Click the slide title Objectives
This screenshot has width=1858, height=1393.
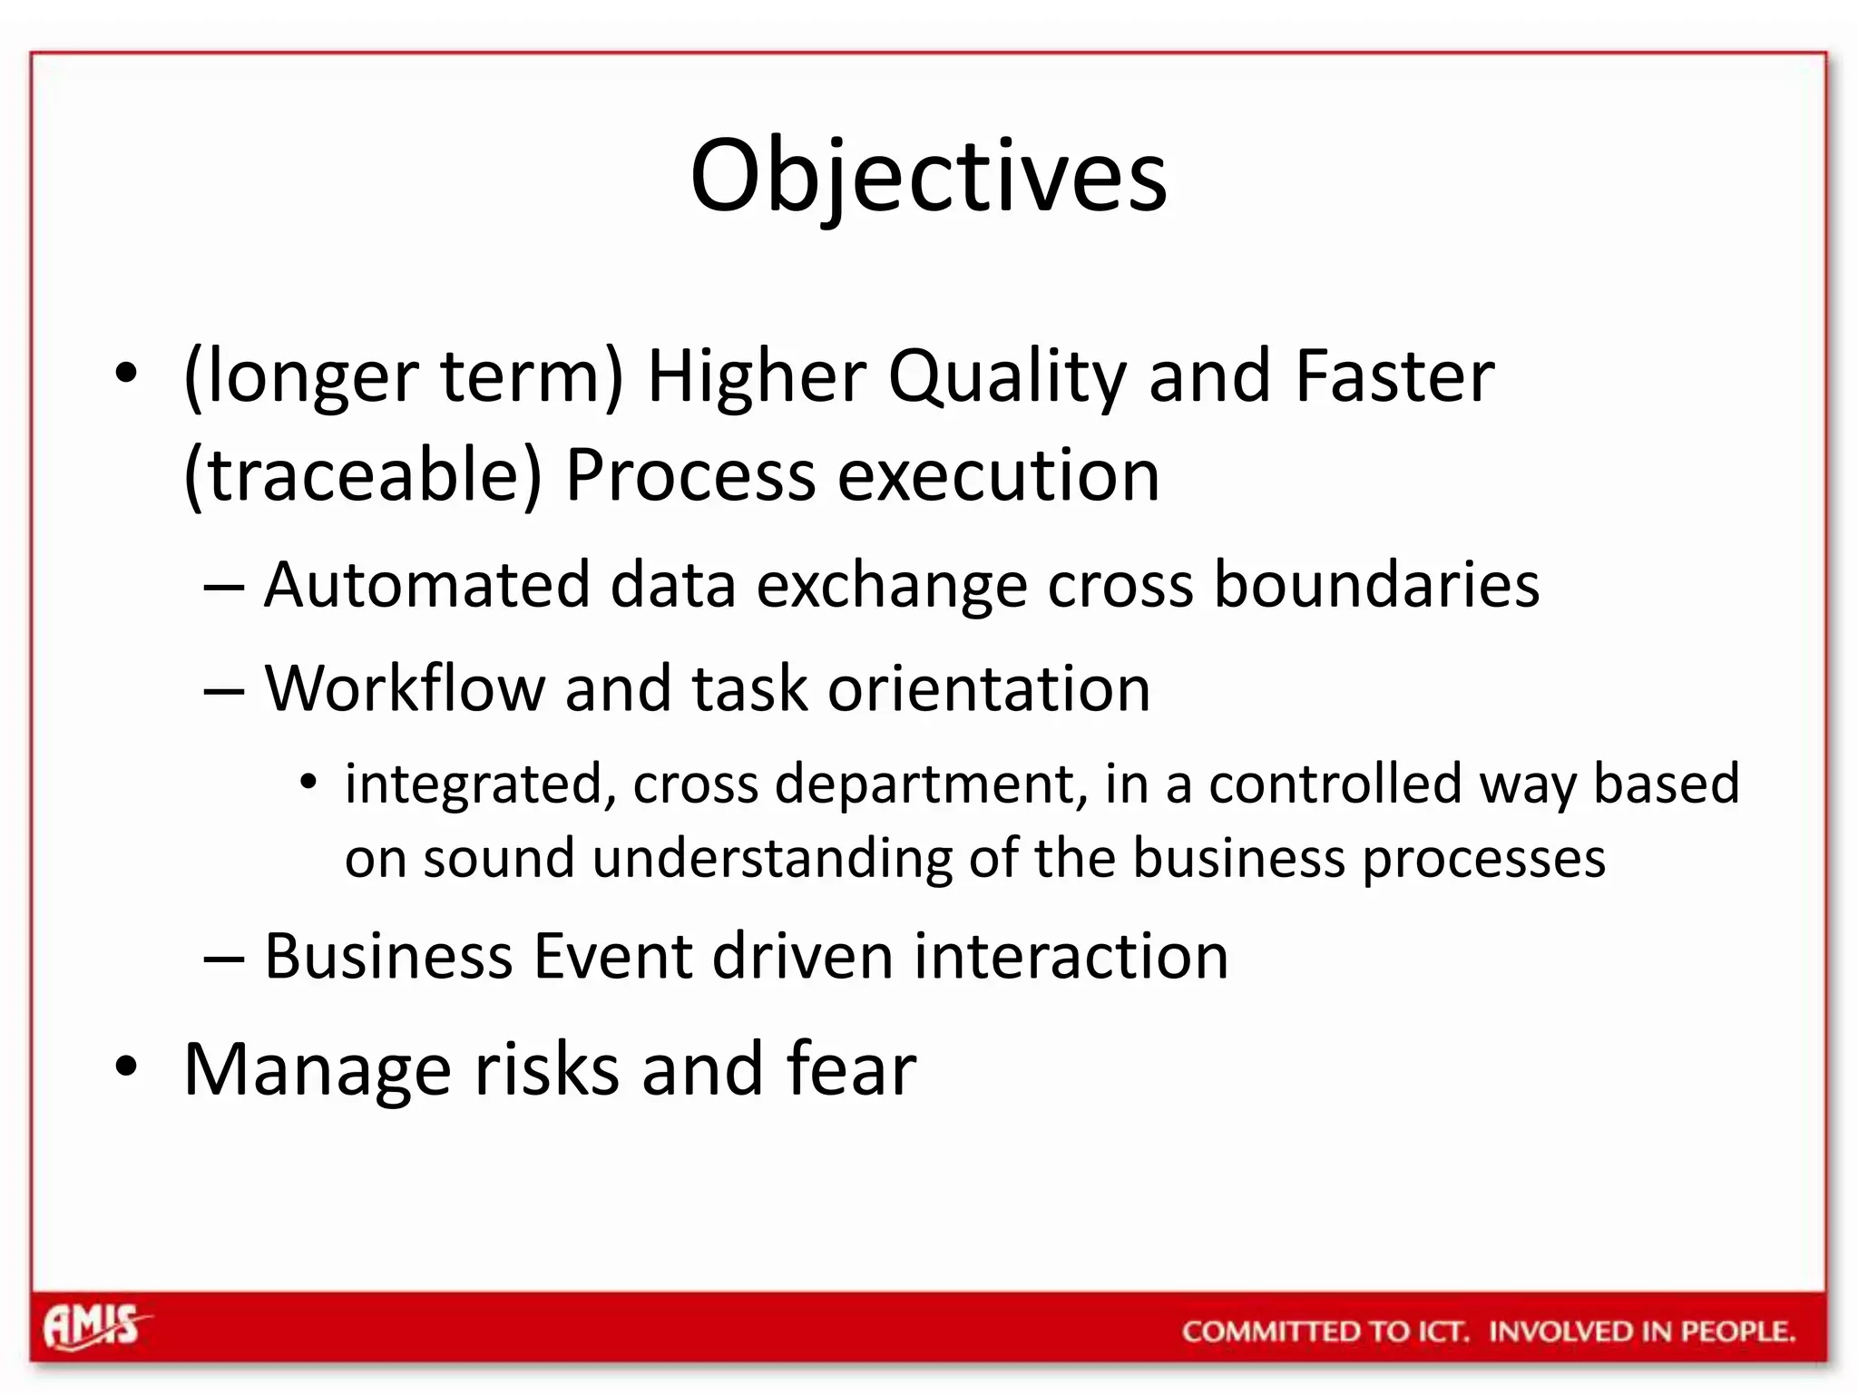pos(928,177)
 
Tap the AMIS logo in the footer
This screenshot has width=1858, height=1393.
pos(93,1327)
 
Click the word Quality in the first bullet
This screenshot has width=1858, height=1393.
pos(1007,376)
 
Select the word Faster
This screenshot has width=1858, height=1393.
pos(1394,376)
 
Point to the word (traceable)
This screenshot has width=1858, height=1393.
pos(362,475)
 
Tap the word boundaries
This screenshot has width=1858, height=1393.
pos(1376,584)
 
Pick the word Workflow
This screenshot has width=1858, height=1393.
pos(405,688)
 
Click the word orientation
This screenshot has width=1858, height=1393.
pos(989,688)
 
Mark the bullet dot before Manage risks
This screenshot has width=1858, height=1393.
pos(126,1067)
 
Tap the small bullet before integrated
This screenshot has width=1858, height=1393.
pos(309,781)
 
